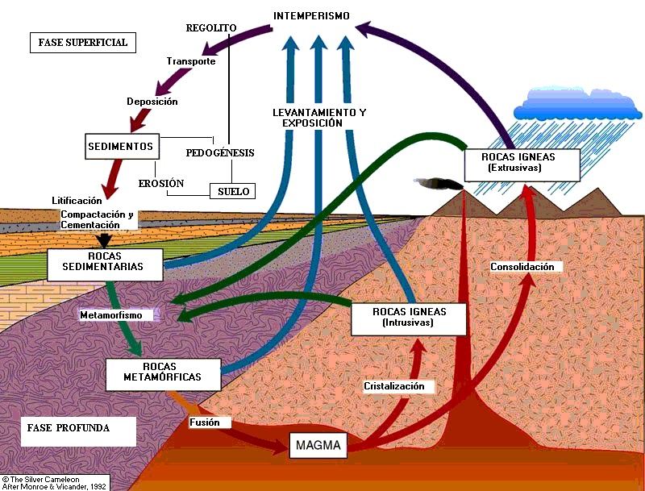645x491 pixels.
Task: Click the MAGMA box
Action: [x=318, y=445]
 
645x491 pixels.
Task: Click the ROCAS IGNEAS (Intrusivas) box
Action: [x=409, y=317]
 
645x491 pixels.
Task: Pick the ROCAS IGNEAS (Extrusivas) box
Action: [x=522, y=163]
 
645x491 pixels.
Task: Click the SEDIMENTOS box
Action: [x=122, y=146]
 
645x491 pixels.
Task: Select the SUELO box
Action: [x=232, y=191]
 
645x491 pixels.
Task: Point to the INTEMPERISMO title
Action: [x=311, y=16]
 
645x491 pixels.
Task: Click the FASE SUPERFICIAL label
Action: [x=83, y=43]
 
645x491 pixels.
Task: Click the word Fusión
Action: [x=210, y=422]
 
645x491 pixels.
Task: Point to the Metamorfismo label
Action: [x=115, y=314]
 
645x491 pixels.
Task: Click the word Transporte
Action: [x=190, y=61]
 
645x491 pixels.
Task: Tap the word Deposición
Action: [x=152, y=102]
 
